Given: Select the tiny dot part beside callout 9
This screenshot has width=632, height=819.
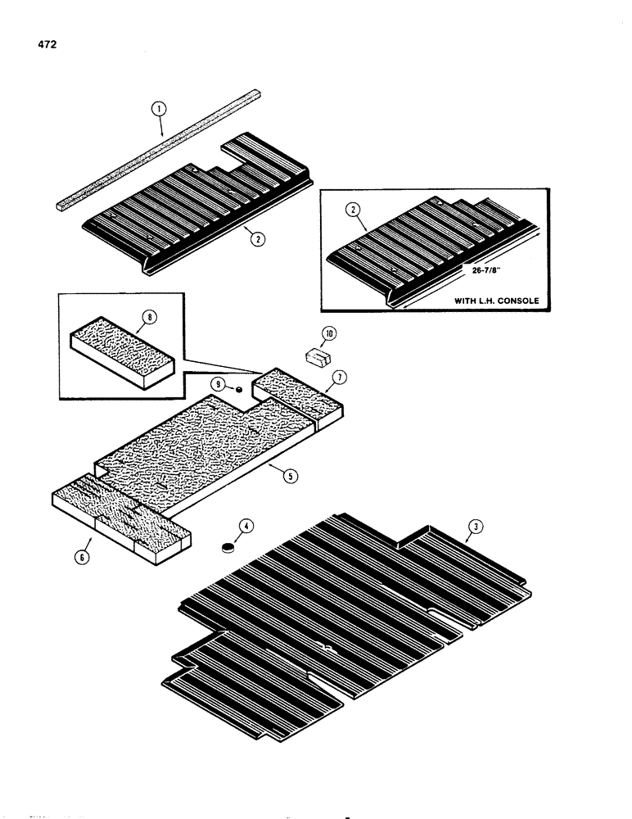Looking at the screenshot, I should click(x=238, y=391).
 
